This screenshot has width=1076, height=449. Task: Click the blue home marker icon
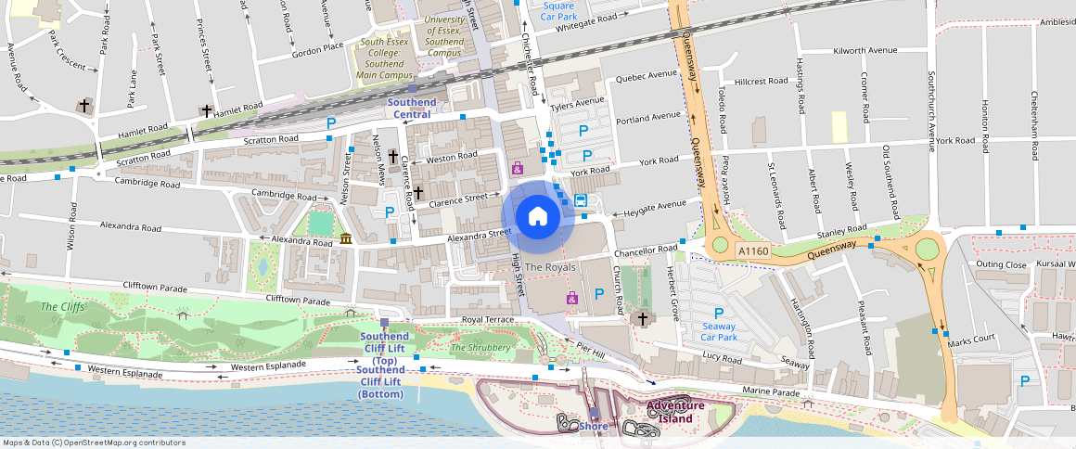[x=537, y=217]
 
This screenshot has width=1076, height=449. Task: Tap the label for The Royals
[x=550, y=267]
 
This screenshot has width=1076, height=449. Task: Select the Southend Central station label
[x=411, y=108]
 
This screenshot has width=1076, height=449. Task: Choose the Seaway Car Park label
[x=718, y=331]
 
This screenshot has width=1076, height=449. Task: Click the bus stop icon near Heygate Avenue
[x=581, y=200]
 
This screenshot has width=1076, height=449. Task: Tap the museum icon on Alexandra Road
[x=346, y=239]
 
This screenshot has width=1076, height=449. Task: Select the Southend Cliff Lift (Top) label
[x=384, y=348]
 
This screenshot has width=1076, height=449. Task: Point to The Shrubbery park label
[x=480, y=348]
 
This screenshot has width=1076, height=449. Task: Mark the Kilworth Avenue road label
[x=865, y=50]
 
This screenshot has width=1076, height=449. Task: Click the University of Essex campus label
[x=444, y=36]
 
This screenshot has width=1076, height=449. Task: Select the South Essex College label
[x=385, y=58]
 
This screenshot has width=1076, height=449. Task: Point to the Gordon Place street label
[x=317, y=47]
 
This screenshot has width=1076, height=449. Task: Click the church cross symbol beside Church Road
[x=642, y=319]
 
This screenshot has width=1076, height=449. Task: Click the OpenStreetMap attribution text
[x=94, y=443]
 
